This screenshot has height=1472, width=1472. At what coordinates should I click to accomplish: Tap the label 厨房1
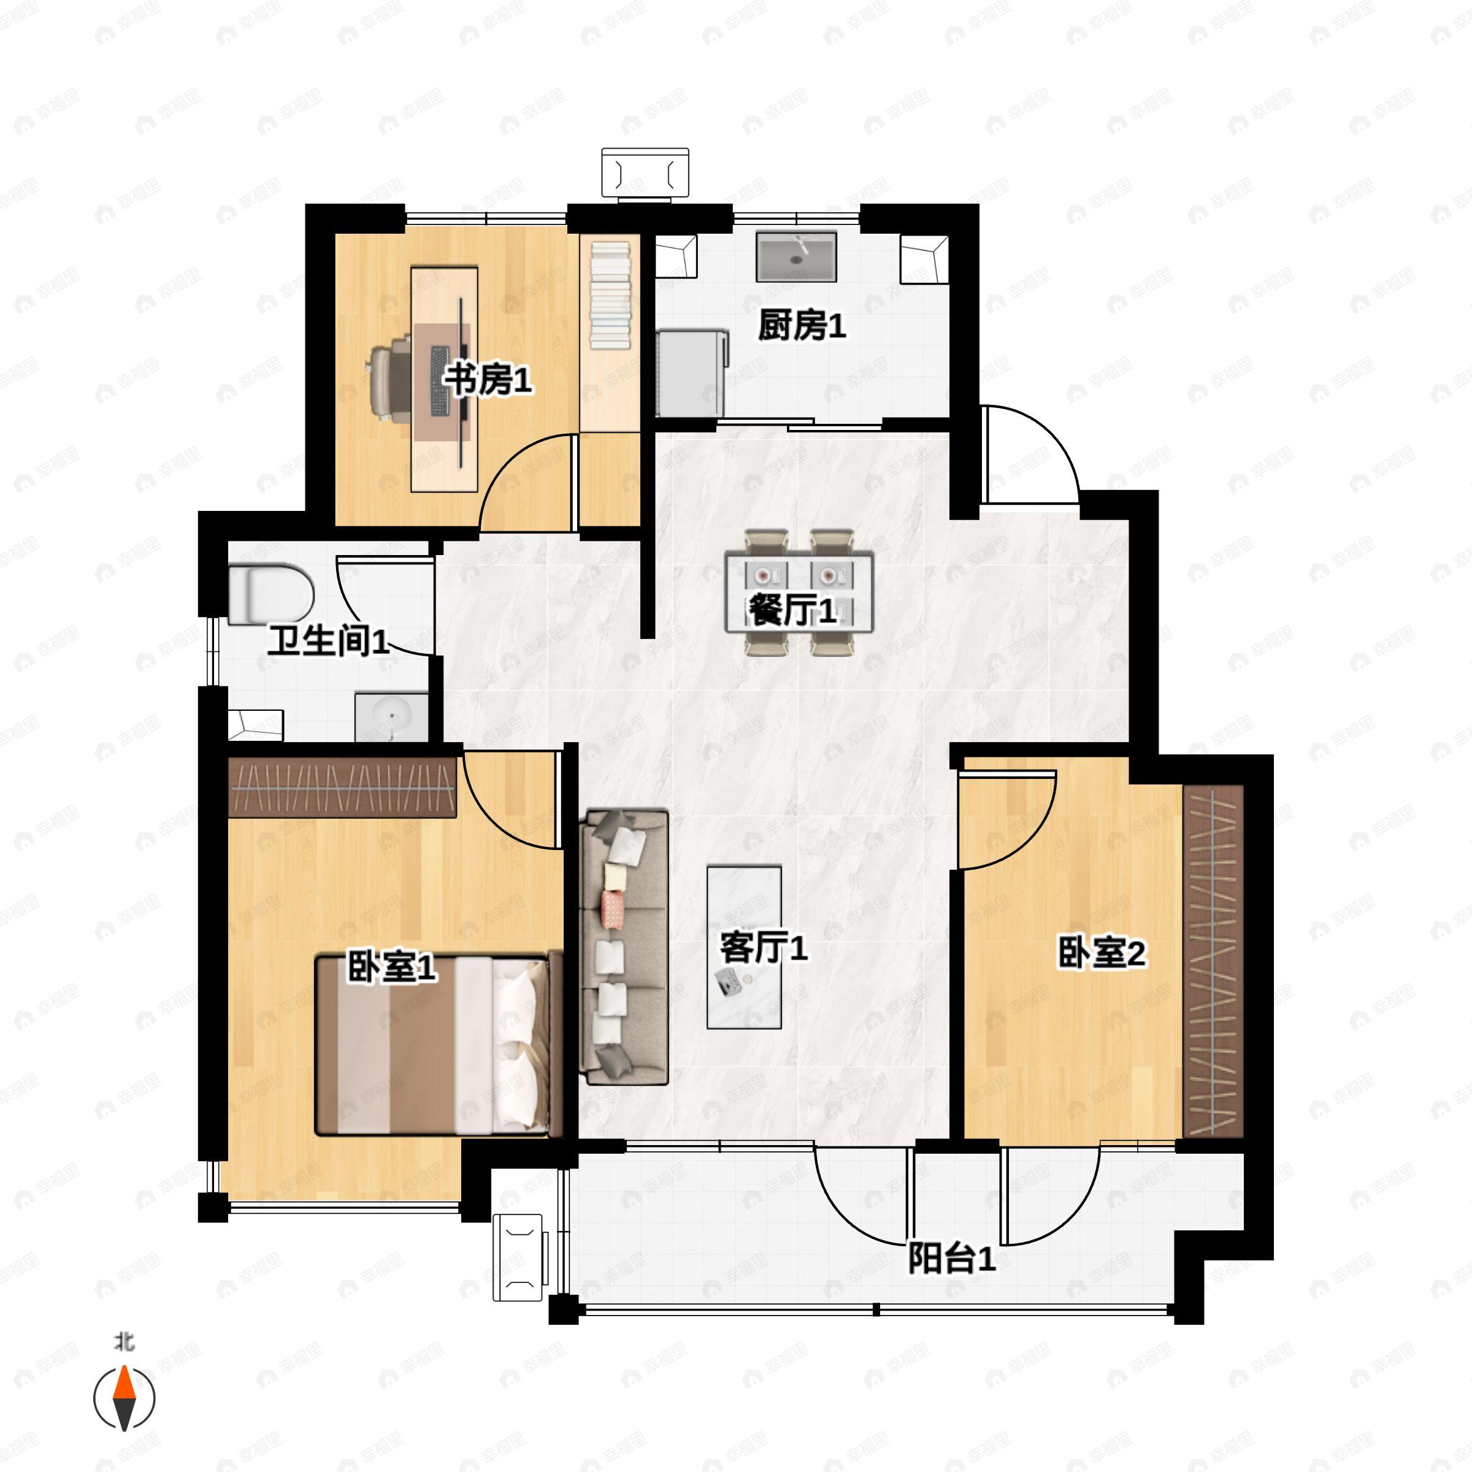[x=802, y=326]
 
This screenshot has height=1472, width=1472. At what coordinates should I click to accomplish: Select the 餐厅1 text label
[x=792, y=610]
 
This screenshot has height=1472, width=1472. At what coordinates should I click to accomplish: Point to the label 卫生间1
[x=328, y=642]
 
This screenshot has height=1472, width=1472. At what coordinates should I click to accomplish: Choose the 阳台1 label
[x=952, y=1259]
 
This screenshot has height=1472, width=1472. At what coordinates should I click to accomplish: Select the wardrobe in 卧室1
[x=342, y=788]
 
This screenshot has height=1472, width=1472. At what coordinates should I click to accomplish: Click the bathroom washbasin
[x=392, y=717]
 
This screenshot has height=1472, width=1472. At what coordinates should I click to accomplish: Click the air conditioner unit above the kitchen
[x=645, y=174]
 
